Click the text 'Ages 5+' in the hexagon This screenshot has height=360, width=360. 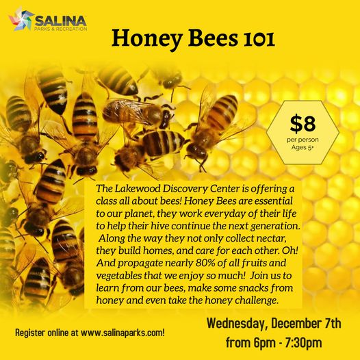click(x=303, y=149)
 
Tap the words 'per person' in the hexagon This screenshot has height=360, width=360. click(x=303, y=140)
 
